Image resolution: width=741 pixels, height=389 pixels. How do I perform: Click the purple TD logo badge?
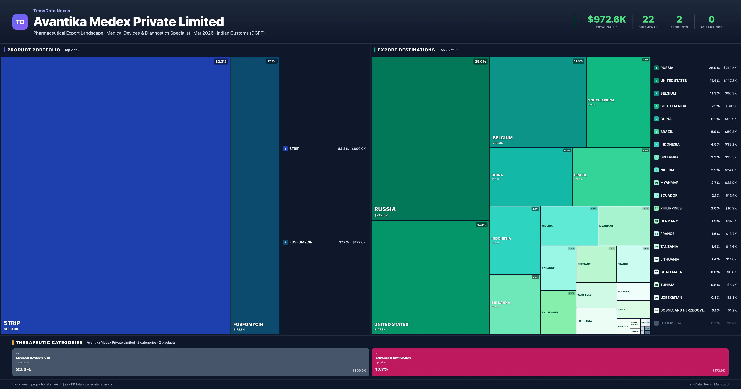20,22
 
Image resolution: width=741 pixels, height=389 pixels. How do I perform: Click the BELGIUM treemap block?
538,102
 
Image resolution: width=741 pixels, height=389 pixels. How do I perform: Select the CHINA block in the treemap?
531,177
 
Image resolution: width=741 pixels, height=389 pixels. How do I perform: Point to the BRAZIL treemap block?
611,177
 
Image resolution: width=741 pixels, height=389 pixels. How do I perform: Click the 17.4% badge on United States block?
481,225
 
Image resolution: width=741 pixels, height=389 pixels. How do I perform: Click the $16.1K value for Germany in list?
731,221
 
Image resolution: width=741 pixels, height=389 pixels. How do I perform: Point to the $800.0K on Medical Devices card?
359,370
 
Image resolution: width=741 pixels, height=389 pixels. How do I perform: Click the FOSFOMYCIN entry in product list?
301,242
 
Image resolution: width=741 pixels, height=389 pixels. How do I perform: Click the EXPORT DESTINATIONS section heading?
406,50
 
